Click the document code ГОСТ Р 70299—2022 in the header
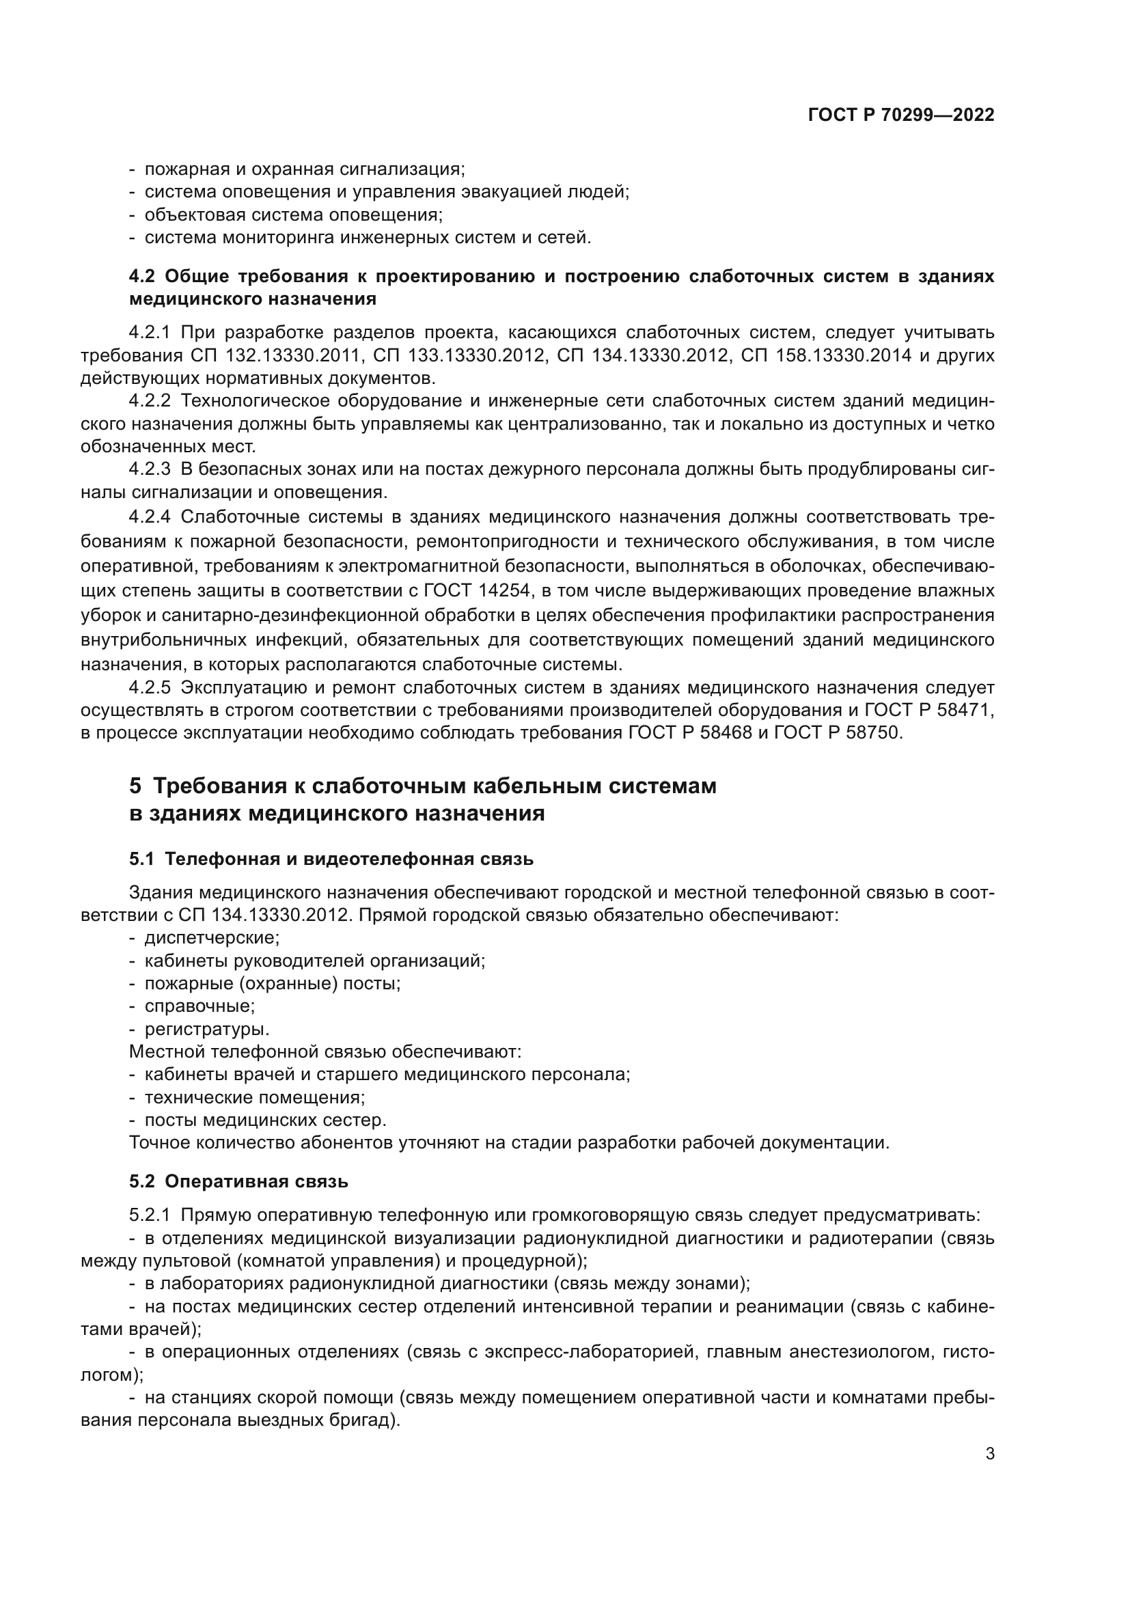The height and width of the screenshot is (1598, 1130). [900, 115]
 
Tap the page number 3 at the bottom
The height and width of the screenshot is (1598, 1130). [989, 1454]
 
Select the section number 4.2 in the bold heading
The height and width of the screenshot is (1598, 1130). [141, 276]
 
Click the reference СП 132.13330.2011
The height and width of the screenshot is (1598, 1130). [275, 356]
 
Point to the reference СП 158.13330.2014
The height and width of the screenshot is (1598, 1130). [826, 356]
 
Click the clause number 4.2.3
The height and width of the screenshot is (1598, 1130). [150, 470]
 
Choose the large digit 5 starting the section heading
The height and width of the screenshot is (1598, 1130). [135, 786]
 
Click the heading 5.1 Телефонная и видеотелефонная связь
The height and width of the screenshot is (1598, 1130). [331, 859]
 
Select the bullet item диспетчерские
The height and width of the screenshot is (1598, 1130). [212, 938]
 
